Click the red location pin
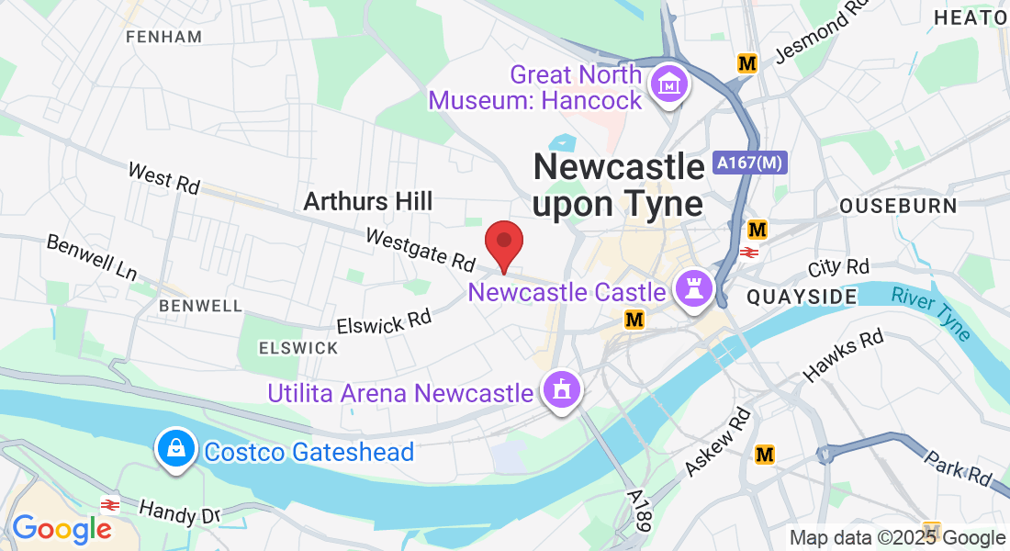click(503, 244)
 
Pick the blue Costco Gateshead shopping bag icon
click(174, 449)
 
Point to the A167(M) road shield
click(750, 163)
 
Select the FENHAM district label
click(164, 37)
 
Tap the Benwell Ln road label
click(92, 258)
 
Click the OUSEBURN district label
click(898, 205)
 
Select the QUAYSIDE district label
click(802, 296)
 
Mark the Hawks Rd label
click(843, 356)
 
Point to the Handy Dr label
click(179, 511)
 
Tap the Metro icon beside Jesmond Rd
click(747, 63)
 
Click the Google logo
click(62, 529)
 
